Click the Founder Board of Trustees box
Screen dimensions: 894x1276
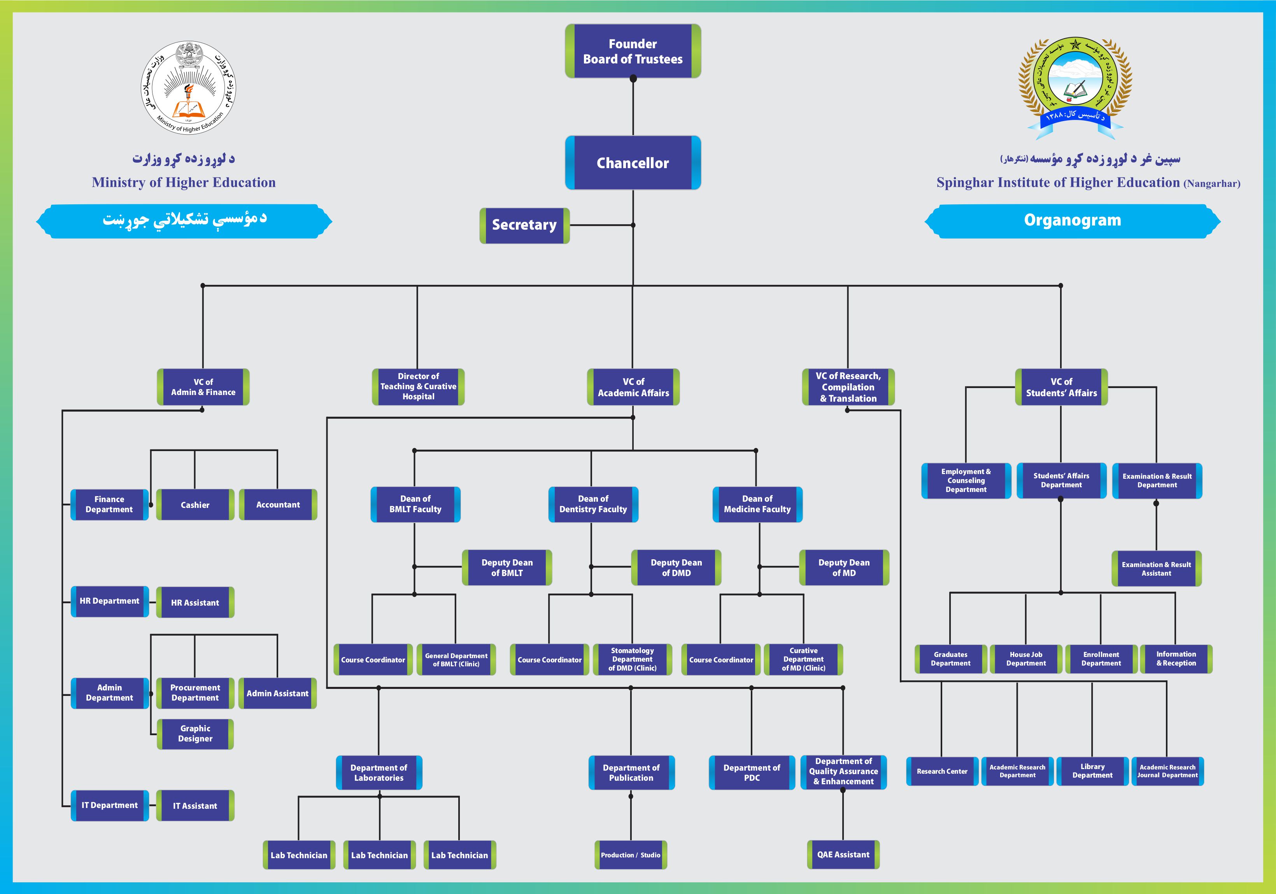[x=633, y=51]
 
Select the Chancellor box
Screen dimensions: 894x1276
[x=633, y=163]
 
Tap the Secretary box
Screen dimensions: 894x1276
[x=524, y=225]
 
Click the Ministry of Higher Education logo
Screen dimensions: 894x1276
[x=188, y=88]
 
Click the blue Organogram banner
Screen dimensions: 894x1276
[x=1072, y=221]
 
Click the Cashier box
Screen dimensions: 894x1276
[x=195, y=505]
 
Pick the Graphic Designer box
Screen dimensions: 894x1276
[x=195, y=734]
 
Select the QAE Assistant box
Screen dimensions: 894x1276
[x=843, y=855]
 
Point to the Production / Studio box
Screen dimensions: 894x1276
[x=630, y=855]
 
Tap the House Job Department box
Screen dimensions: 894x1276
[x=1025, y=659]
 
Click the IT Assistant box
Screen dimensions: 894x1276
[x=195, y=806]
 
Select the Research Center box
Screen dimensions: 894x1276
[x=942, y=771]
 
